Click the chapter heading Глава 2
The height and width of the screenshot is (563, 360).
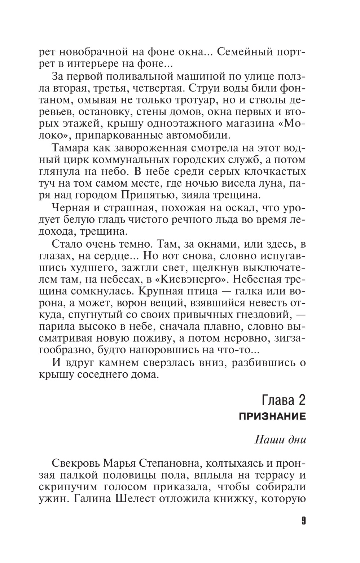tap(283, 400)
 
